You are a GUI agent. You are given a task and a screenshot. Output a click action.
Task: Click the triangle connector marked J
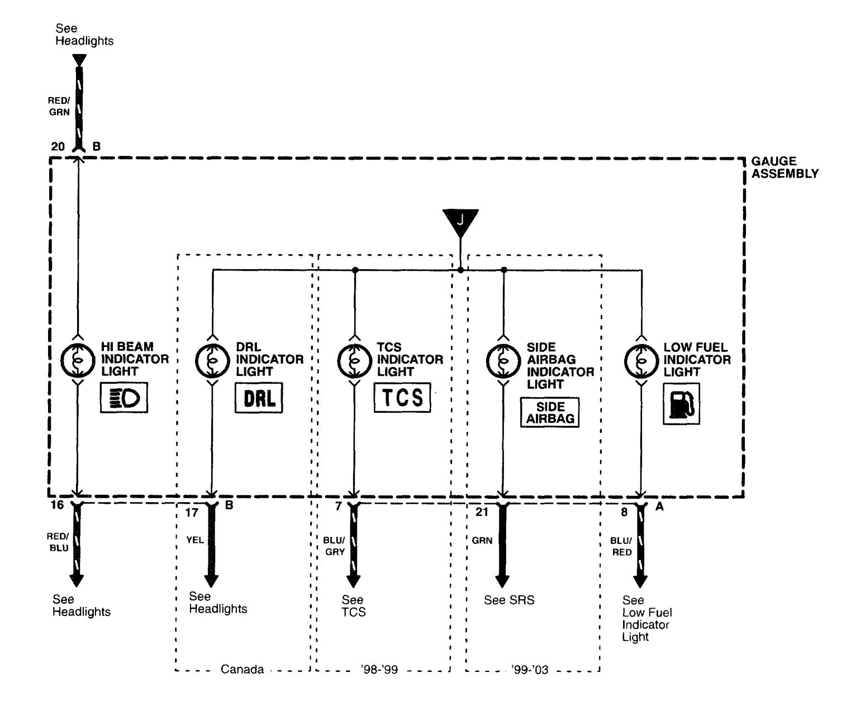click(460, 219)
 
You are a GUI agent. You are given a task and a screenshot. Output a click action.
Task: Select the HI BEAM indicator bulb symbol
click(77, 361)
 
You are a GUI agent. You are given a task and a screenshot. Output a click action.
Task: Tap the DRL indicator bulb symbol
click(212, 361)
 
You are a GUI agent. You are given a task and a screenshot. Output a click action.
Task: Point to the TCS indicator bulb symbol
click(354, 361)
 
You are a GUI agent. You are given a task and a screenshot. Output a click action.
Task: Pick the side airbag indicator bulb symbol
click(503, 361)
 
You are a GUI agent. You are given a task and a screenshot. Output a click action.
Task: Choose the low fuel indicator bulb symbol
click(640, 361)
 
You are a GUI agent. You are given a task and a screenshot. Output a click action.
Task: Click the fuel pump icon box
click(681, 404)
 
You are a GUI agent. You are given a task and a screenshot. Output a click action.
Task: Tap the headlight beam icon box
click(124, 398)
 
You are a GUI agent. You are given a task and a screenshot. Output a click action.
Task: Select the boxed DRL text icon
click(259, 398)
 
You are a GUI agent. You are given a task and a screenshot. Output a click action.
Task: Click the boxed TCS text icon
click(402, 397)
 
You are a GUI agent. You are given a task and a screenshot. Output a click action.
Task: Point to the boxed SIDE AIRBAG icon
click(550, 413)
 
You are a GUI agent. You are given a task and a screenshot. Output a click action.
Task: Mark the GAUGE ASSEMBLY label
click(785, 168)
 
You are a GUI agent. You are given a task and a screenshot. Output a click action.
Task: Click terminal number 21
click(482, 512)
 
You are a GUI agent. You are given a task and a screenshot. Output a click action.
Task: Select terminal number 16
click(58, 505)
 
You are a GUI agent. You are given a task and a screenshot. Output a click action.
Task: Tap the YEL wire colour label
click(195, 540)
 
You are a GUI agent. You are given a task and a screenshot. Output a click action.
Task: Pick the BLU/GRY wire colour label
click(334, 546)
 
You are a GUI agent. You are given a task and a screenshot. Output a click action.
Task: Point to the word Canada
click(242, 669)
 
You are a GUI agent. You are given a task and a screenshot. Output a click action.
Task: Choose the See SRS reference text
click(509, 600)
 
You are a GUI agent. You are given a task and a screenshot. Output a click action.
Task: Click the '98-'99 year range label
click(379, 669)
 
